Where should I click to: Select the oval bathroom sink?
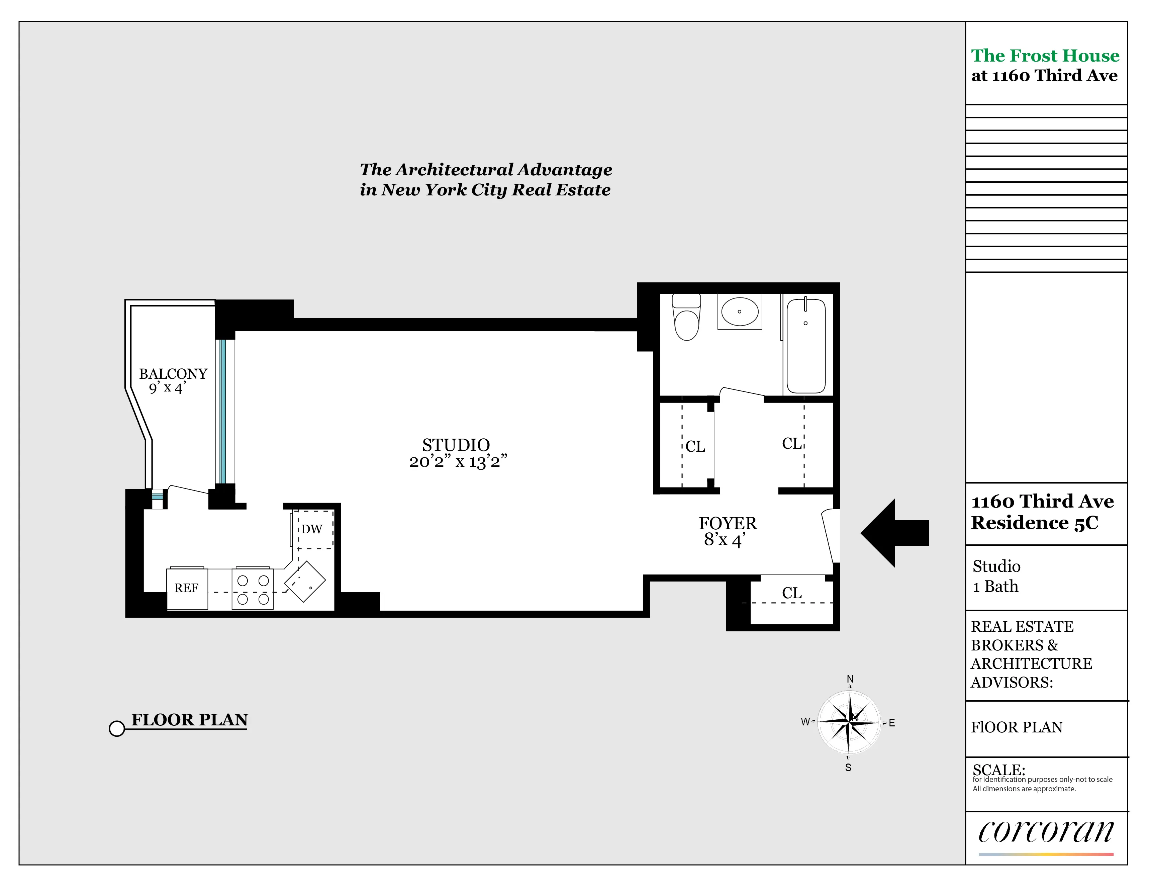point(740,312)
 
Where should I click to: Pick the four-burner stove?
point(253,589)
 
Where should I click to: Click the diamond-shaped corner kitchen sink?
point(305,581)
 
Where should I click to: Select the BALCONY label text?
point(173,374)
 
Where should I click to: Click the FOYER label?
point(728,523)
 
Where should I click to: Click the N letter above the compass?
point(850,679)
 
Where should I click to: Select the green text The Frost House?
point(1045,55)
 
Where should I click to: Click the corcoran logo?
point(1045,832)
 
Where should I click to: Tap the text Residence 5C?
point(1034,523)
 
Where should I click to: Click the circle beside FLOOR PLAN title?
point(117,728)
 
